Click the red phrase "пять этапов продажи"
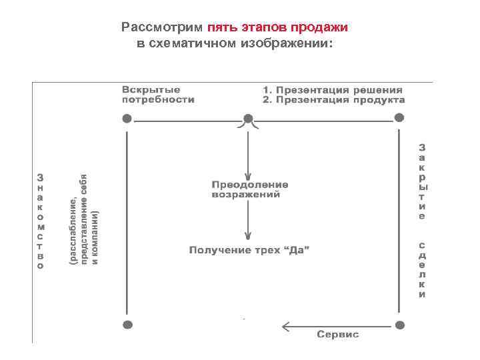point(277,28)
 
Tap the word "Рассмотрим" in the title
point(163,28)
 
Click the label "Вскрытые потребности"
point(158,95)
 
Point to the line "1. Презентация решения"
point(332,90)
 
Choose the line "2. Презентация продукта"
point(333,100)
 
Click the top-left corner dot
point(127,119)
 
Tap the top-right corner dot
point(399,118)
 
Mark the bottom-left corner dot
point(127,325)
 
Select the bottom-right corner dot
point(399,325)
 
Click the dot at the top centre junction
point(248,119)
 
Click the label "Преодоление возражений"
point(250,189)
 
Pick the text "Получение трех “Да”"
point(250,251)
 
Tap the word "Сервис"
point(338,334)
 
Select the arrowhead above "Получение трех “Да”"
point(248,235)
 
